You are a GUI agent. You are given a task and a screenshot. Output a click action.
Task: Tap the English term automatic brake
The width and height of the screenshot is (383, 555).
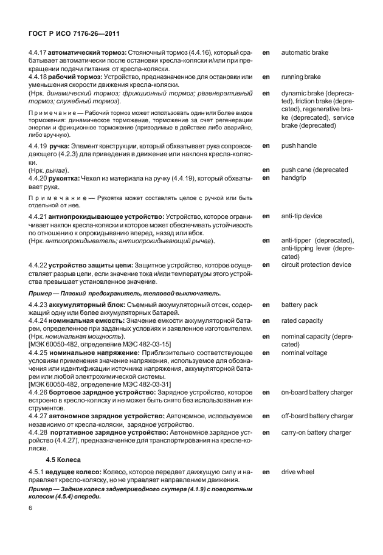[305, 53]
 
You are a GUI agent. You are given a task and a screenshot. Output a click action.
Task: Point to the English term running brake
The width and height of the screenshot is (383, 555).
[301, 77]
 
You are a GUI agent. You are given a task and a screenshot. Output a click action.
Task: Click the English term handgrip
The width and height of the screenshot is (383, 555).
[294, 178]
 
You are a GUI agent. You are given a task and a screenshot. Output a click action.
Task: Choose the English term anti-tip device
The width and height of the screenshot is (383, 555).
[302, 216]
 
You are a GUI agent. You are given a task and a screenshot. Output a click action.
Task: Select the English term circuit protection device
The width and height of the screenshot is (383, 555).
[316, 264]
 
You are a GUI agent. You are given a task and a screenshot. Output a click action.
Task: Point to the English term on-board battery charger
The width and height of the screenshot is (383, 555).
[317, 392]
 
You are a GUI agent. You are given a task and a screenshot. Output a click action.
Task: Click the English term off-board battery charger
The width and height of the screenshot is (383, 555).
[317, 416]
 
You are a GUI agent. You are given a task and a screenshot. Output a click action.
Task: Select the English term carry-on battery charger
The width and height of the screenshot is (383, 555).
[316, 432]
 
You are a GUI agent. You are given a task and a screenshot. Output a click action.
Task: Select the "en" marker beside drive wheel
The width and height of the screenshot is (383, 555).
[266, 471]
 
